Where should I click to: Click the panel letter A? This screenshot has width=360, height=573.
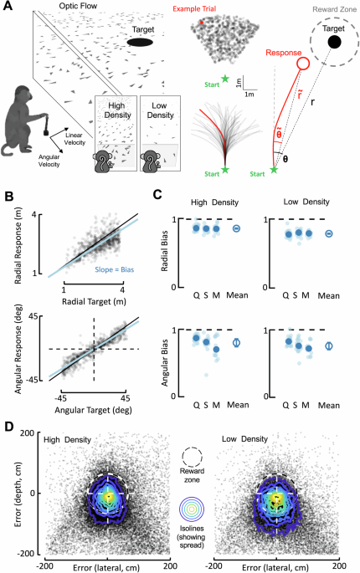[7, 8]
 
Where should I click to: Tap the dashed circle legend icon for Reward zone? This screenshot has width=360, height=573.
[191, 457]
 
